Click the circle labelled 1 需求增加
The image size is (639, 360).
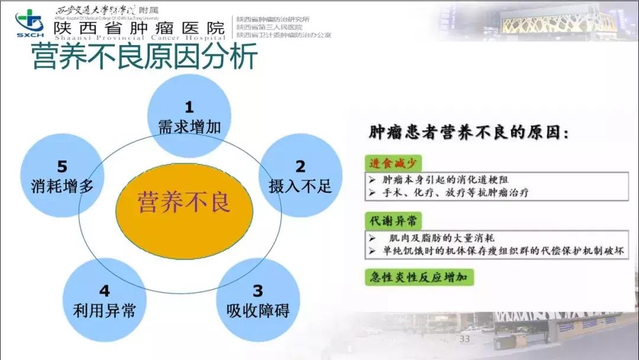pos(189,115)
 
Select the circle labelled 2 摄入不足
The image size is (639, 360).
pos(300,176)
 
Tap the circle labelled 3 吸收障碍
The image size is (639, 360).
pos(257,300)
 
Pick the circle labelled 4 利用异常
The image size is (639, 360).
pos(105,300)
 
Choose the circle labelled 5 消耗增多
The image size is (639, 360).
pos(62,176)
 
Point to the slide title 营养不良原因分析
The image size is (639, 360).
pos(144,57)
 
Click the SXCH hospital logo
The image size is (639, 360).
pos(29,23)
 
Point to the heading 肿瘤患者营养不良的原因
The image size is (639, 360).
pos(468,132)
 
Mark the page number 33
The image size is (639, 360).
pos(464,339)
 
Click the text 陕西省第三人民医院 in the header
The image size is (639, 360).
pos(269,27)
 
